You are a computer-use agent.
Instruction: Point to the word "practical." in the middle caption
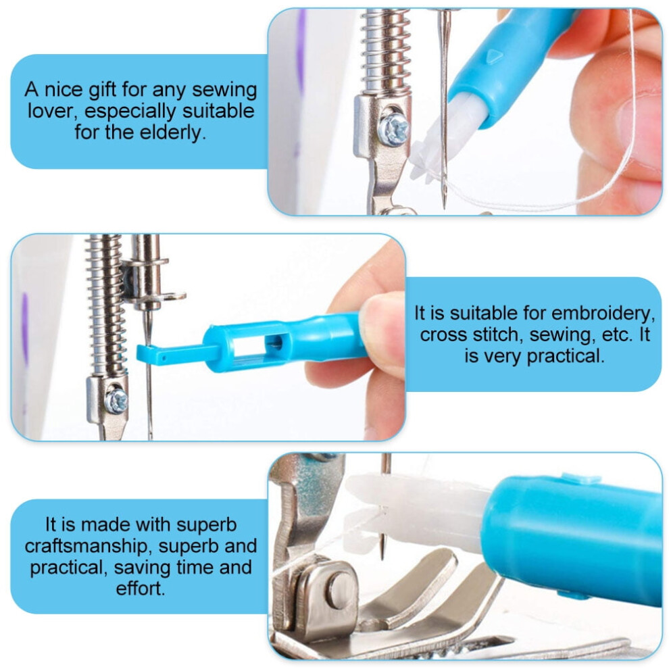pos(566,356)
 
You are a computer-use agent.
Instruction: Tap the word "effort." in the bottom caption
pos(141,589)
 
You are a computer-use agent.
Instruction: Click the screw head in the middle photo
pos(116,401)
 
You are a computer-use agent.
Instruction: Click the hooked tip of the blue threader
pos(144,353)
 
